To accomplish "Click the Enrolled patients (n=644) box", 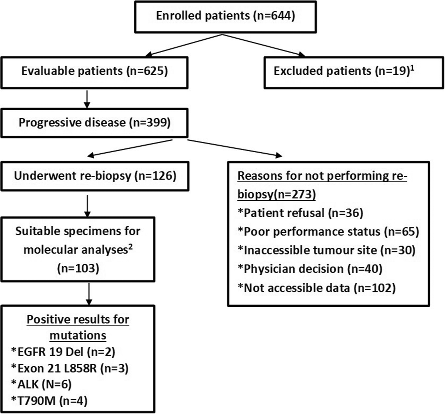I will pyautogui.click(x=225, y=16).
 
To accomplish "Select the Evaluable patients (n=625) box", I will pyautogui.click(x=94, y=72).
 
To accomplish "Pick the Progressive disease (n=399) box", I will pyautogui.click(x=94, y=123).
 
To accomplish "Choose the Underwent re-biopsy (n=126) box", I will pyautogui.click(x=95, y=176).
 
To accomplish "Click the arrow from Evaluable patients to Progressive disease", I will pyautogui.click(x=87, y=99).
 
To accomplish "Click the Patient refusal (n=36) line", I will pyautogui.click(x=300, y=213).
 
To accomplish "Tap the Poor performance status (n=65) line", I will pyautogui.click(x=328, y=232).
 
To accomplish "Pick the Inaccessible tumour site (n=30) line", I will pyautogui.click(x=326, y=250).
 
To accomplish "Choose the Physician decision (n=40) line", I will pyautogui.click(x=310, y=269).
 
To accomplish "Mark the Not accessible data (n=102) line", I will pyautogui.click(x=316, y=288).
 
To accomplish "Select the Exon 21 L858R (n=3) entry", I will pyautogui.click(x=70, y=368).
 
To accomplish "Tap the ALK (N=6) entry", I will pyautogui.click(x=41, y=385).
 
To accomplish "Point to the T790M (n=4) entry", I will pyautogui.click(x=49, y=400).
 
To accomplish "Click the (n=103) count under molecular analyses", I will pyautogui.click(x=78, y=268).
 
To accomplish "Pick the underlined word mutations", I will pyautogui.click(x=78, y=336).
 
